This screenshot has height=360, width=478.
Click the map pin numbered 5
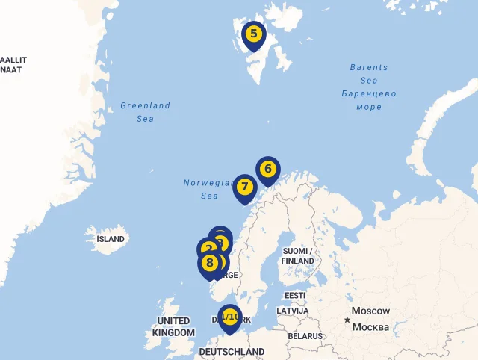pyautogui.click(x=254, y=34)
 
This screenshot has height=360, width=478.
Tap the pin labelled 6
pyautogui.click(x=268, y=169)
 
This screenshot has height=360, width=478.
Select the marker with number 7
pyautogui.click(x=244, y=187)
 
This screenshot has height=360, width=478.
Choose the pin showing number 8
pyautogui.click(x=209, y=263)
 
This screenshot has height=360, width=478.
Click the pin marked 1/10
pyautogui.click(x=229, y=317)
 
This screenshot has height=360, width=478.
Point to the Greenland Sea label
pyautogui.click(x=146, y=112)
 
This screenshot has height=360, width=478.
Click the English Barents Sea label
pyautogui.click(x=369, y=74)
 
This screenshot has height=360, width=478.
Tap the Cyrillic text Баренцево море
pyautogui.click(x=369, y=100)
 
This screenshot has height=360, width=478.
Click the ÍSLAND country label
pyautogui.click(x=111, y=239)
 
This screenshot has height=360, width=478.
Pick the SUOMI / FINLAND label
pyautogui.click(x=297, y=256)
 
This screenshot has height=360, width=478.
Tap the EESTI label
pyautogui.click(x=295, y=296)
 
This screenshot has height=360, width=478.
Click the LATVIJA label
pyautogui.click(x=292, y=310)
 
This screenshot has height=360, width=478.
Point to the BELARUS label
pyautogui.click(x=305, y=336)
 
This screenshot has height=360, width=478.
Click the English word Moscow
pyautogui.click(x=370, y=311)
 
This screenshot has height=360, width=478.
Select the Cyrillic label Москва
pyautogui.click(x=370, y=327)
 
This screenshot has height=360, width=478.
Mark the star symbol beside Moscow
pyautogui.click(x=347, y=320)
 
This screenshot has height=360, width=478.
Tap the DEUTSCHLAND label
pyautogui.click(x=232, y=351)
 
